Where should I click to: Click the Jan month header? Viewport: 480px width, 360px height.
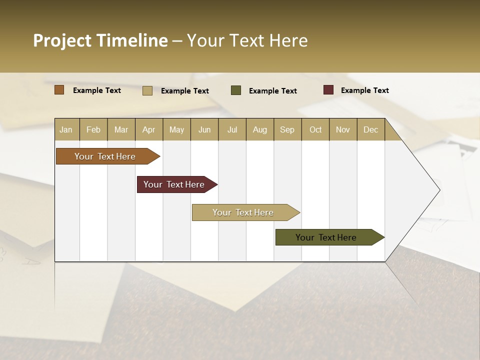pyautogui.click(x=66, y=129)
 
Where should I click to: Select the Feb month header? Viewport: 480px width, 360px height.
pyautogui.click(x=93, y=129)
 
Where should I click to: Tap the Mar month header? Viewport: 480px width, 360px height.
pyautogui.click(x=121, y=129)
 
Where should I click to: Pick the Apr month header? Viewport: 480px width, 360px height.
pyautogui.click(x=149, y=129)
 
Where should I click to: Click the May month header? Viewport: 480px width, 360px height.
pyautogui.click(x=176, y=129)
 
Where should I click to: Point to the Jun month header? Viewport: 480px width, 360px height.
pyautogui.click(x=204, y=129)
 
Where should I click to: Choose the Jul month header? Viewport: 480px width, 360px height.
pyautogui.click(x=232, y=129)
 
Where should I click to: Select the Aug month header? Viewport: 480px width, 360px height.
pyautogui.click(x=260, y=129)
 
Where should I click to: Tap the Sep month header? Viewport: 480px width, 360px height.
pyautogui.click(x=287, y=129)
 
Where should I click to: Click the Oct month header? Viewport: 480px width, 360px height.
pyautogui.click(x=315, y=129)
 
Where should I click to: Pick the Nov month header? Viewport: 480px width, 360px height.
pyautogui.click(x=343, y=129)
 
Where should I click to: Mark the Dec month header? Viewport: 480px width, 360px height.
pyautogui.click(x=371, y=129)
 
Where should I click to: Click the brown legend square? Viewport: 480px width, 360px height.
pyautogui.click(x=59, y=90)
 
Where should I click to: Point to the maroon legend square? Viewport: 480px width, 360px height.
pyautogui.click(x=328, y=90)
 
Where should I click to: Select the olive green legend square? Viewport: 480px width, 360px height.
pyautogui.click(x=236, y=90)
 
